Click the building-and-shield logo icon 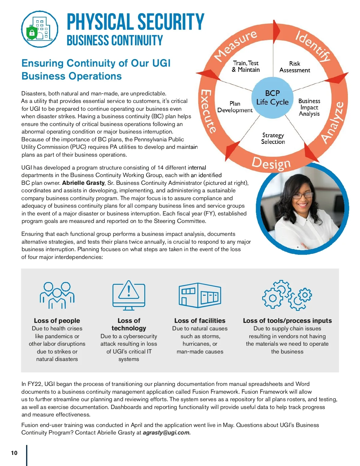(40, 29)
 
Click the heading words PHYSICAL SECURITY (135, 22)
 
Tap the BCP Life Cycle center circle (272, 98)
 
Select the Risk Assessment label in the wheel (295, 67)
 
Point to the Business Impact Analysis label (309, 107)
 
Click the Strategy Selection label (273, 138)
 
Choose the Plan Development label (235, 107)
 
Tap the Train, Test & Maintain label (246, 66)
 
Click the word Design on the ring (271, 164)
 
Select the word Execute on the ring (208, 111)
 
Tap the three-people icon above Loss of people (57, 295)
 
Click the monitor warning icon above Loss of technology (129, 295)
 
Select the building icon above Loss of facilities (200, 295)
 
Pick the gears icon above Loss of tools (287, 295)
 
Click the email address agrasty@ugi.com (166, 433)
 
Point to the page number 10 (14, 453)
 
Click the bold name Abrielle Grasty (83, 183)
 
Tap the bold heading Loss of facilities (200, 320)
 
